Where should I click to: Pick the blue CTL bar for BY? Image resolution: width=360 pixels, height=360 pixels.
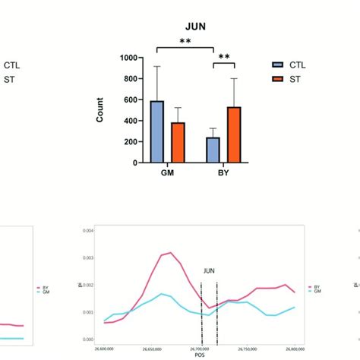click(x=213, y=150)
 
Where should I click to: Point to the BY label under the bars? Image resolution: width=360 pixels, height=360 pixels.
click(x=223, y=173)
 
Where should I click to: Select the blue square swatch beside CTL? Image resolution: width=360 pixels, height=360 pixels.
click(x=278, y=65)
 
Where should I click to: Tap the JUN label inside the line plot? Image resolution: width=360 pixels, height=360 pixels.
click(x=210, y=270)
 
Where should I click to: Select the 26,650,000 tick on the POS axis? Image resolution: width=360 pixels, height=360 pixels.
click(x=153, y=348)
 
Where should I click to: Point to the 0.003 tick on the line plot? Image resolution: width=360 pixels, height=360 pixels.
click(x=89, y=257)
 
